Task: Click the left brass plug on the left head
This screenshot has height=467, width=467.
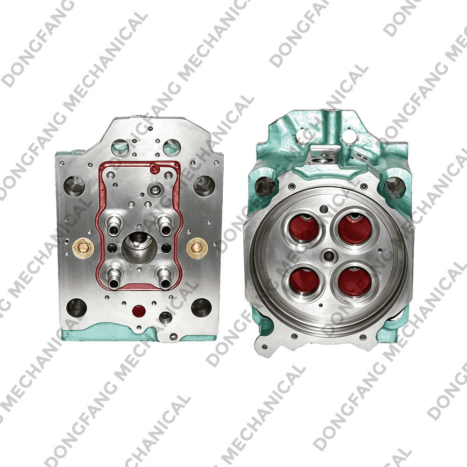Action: tap(83, 248)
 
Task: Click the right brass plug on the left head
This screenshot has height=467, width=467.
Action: tap(197, 248)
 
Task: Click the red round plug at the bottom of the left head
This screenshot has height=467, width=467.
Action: tap(139, 311)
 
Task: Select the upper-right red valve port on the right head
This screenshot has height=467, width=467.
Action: tap(355, 227)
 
